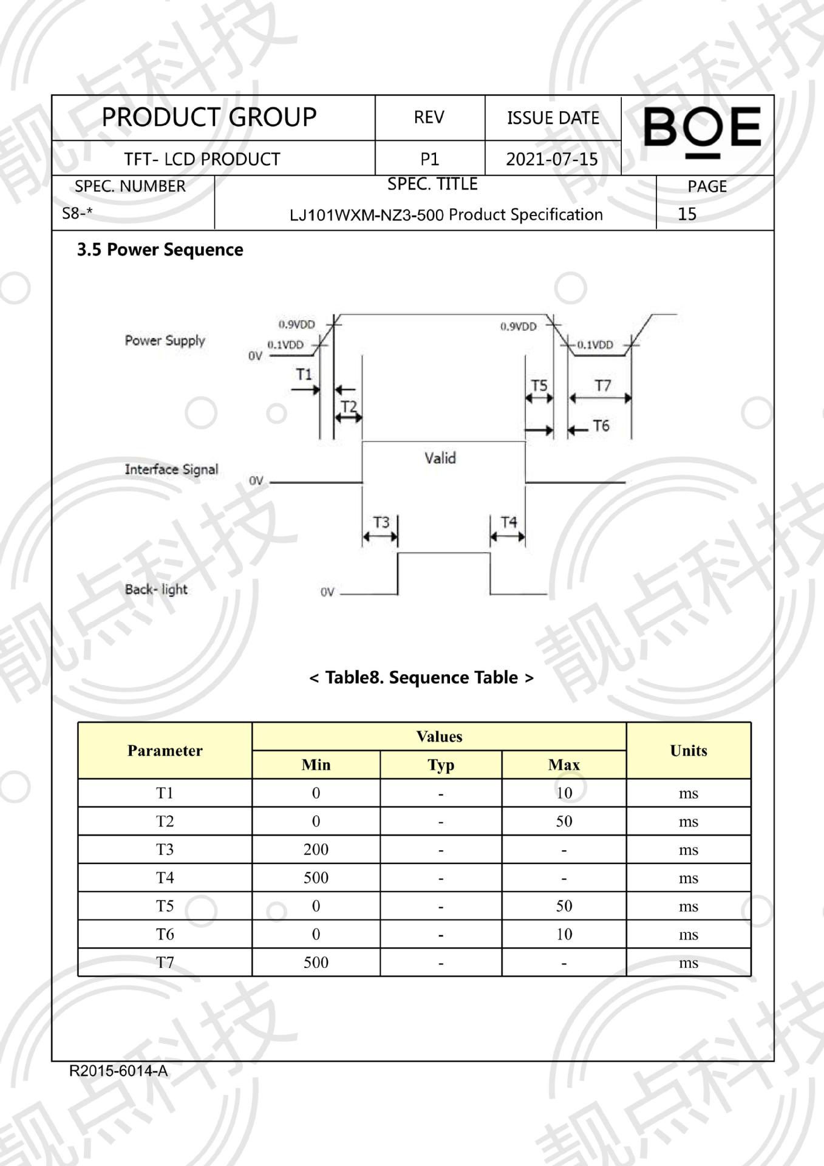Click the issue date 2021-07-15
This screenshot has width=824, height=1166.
pyautogui.click(x=552, y=159)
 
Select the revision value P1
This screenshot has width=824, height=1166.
pyautogui.click(x=429, y=159)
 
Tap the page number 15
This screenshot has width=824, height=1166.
pyautogui.click(x=687, y=214)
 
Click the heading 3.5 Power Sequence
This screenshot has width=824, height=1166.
pyautogui.click(x=160, y=250)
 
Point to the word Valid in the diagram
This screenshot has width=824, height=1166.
pyautogui.click(x=440, y=458)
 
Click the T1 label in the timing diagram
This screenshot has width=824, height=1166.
pyautogui.click(x=304, y=374)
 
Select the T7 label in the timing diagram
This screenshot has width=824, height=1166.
pyautogui.click(x=602, y=386)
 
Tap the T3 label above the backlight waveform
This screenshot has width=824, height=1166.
pyautogui.click(x=381, y=522)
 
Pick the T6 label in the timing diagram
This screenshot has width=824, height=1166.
pyautogui.click(x=601, y=426)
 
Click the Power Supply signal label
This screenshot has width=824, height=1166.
pyautogui.click(x=165, y=340)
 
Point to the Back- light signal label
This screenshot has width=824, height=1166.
pyautogui.click(x=156, y=589)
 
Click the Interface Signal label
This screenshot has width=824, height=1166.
pyautogui.click(x=171, y=469)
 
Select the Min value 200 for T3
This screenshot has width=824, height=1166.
pyautogui.click(x=316, y=849)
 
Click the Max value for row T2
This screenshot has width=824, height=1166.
pyautogui.click(x=564, y=821)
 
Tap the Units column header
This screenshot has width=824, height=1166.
pyautogui.click(x=688, y=751)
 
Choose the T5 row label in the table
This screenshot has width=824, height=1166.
pyautogui.click(x=165, y=905)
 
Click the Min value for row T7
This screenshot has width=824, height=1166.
pyautogui.click(x=316, y=962)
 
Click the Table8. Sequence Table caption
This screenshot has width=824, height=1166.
pyautogui.click(x=421, y=677)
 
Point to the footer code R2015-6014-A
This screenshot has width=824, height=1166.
pyautogui.click(x=118, y=1071)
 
